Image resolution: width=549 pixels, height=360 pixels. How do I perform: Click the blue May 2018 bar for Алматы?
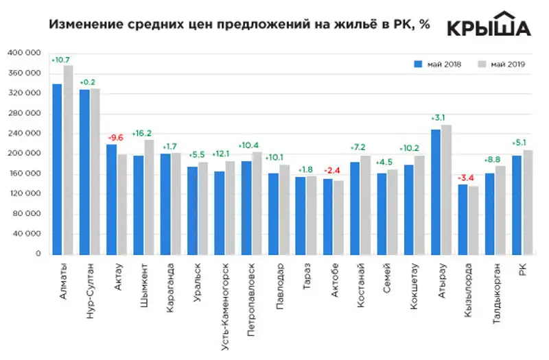[57, 169]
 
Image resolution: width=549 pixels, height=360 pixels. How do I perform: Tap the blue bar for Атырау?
[436, 192]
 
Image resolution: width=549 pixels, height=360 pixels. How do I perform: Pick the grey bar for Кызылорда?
[473, 220]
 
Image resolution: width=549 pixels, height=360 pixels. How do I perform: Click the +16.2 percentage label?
[143, 133]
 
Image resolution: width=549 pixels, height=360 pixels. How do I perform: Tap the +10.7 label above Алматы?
[62, 59]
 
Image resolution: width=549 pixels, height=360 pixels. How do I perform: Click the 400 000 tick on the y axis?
[25, 53]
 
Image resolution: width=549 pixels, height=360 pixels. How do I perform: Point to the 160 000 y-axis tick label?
[25, 173]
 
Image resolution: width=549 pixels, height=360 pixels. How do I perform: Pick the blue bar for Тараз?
[300, 215]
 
